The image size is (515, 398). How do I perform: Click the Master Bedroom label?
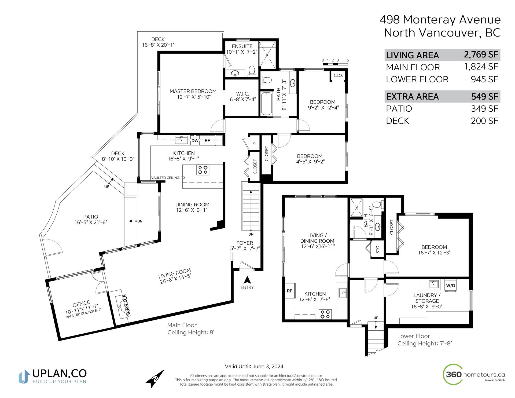[x=193, y=91]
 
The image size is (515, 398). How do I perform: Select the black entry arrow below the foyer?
[x=247, y=280]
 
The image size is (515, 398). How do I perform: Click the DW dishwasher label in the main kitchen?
[x=195, y=141]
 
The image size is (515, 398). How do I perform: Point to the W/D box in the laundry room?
[x=451, y=286]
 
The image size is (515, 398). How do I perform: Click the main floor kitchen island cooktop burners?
[x=203, y=170]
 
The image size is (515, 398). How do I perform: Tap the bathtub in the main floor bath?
[x=267, y=103]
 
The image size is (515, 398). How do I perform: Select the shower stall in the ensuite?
[x=267, y=55]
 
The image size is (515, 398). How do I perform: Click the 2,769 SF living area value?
[x=481, y=54]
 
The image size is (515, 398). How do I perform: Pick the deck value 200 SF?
[x=484, y=121]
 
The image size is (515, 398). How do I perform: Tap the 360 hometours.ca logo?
[x=474, y=374]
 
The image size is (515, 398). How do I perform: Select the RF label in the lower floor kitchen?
[x=289, y=291]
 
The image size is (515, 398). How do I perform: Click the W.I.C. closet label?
[x=242, y=94]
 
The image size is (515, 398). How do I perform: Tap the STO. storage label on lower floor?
[x=378, y=249]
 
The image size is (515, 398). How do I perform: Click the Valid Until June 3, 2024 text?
[x=254, y=367]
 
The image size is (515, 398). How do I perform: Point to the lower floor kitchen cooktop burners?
[x=325, y=314]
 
